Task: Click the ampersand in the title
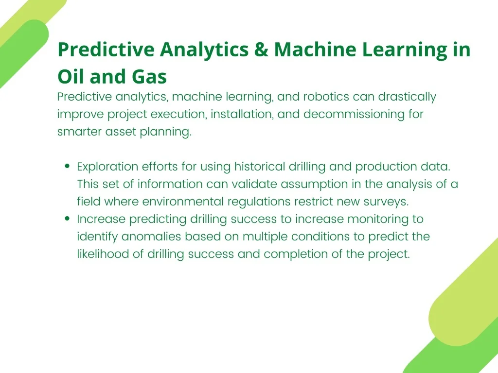click(261, 50)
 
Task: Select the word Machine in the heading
click(315, 50)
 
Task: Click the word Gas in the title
click(149, 76)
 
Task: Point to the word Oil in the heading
click(71, 76)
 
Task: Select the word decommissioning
click(354, 114)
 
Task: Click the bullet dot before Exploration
click(67, 166)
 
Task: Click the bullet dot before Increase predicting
click(67, 218)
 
